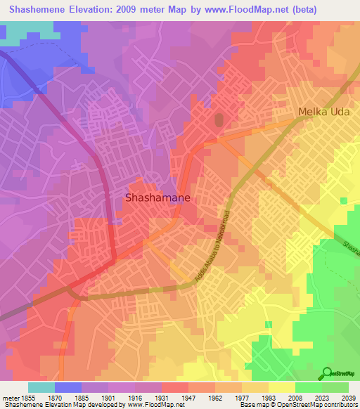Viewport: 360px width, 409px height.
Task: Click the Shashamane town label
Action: point(157,198)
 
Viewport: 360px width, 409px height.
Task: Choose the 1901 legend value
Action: point(108,398)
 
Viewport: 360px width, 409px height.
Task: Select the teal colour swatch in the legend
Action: point(41,387)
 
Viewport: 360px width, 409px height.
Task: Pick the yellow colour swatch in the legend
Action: point(282,387)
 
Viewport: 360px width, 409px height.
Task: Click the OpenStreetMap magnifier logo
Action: point(327,373)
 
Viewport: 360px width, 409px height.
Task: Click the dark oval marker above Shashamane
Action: point(218,121)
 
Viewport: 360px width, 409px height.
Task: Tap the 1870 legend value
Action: point(55,398)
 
